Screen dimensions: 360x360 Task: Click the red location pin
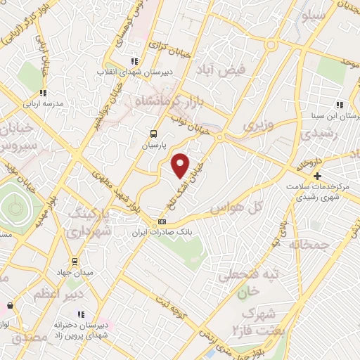[181, 165]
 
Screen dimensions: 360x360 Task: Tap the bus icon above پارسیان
[153, 134]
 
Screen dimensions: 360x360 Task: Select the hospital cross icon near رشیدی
[318, 176]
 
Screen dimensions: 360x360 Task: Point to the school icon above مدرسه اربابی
[43, 93]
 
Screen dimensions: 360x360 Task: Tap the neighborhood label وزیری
[255, 127]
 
